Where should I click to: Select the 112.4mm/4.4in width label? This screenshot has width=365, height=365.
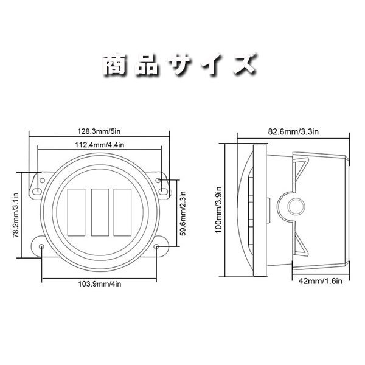99,145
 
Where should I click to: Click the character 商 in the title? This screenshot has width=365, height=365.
116,63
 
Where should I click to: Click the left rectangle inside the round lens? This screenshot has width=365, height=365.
76,212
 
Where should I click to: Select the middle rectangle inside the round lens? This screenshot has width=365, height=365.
99,212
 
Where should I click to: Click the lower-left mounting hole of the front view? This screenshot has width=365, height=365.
41,248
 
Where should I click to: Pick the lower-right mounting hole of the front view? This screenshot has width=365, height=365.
157,248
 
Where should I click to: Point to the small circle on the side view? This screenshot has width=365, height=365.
297,204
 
